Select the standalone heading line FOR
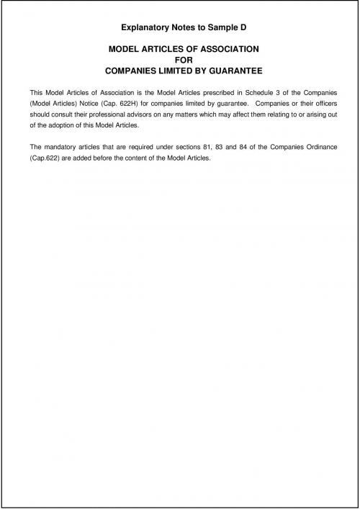click(x=180, y=60)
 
